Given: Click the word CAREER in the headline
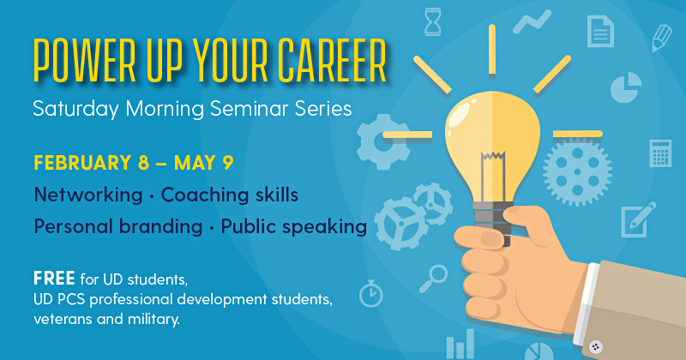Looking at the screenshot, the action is coord(332,60).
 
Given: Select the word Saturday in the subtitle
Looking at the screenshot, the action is coord(75,109).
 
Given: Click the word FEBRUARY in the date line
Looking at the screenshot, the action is coord(82,163).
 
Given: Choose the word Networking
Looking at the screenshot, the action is coord(88,195).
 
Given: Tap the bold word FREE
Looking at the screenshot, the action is coord(54,279).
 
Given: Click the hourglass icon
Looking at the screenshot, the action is coord(433,22).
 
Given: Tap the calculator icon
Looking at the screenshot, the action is coord(660,153).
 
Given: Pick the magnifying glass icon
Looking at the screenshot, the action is coord(433,279).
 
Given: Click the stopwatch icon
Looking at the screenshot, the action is coord(371,293).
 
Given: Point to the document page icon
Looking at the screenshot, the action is coord(600,31).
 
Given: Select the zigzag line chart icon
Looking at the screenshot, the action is coord(532,22).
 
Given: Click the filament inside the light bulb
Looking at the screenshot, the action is coord(493,175).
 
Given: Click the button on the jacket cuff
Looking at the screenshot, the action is coord(595,347).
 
